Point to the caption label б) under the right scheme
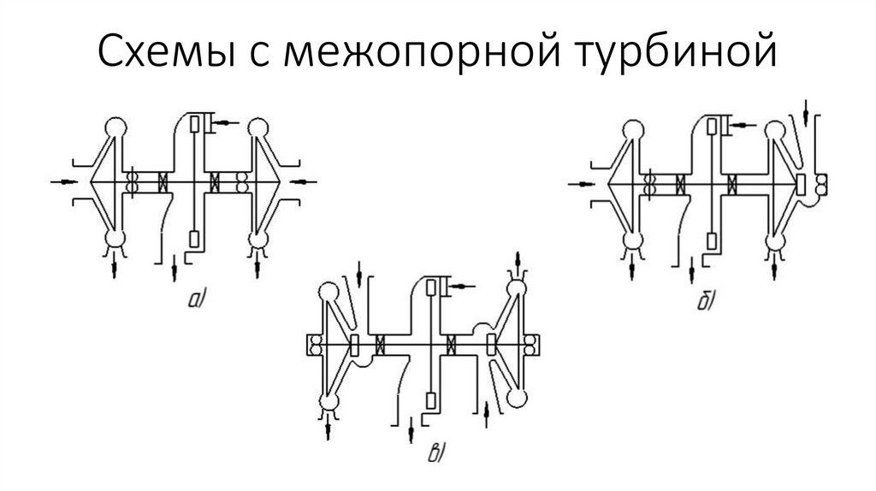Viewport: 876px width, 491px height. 706,302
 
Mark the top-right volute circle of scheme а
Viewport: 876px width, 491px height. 256,129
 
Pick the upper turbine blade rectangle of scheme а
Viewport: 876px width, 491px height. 197,124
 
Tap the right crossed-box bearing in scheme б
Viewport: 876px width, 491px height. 732,181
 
